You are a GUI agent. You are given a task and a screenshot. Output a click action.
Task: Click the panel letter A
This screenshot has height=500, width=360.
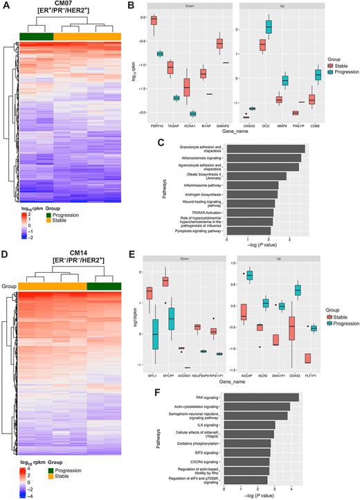pos(6,6)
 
